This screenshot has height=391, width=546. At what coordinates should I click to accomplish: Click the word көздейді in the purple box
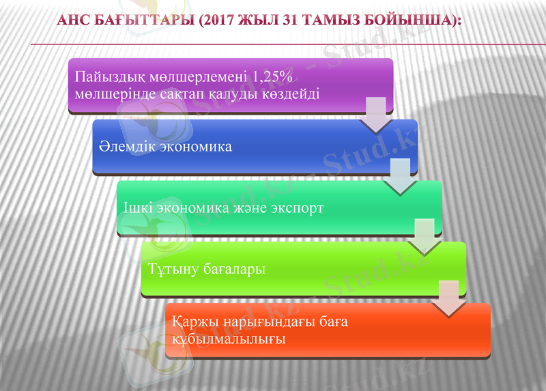pos(291,93)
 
